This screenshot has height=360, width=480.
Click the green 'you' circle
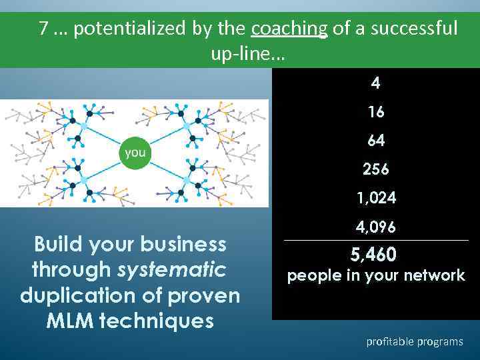click(135, 153)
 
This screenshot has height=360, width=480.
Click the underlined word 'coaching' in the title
click(289, 29)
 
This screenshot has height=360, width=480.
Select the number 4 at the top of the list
click(376, 84)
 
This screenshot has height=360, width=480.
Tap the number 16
click(376, 113)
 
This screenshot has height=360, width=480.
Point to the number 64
click(376, 141)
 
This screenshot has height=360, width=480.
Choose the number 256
click(376, 170)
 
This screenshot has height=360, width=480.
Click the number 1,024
click(376, 199)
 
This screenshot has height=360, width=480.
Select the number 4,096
click(376, 227)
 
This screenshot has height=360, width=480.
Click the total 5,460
click(373, 255)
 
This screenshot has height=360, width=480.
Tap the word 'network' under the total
click(429, 275)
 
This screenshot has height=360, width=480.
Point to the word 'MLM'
click(70, 321)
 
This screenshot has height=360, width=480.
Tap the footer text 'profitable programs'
click(414, 341)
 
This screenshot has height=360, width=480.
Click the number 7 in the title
click(43, 29)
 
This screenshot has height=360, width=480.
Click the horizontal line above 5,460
click(376, 241)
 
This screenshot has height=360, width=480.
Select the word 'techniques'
click(157, 321)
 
